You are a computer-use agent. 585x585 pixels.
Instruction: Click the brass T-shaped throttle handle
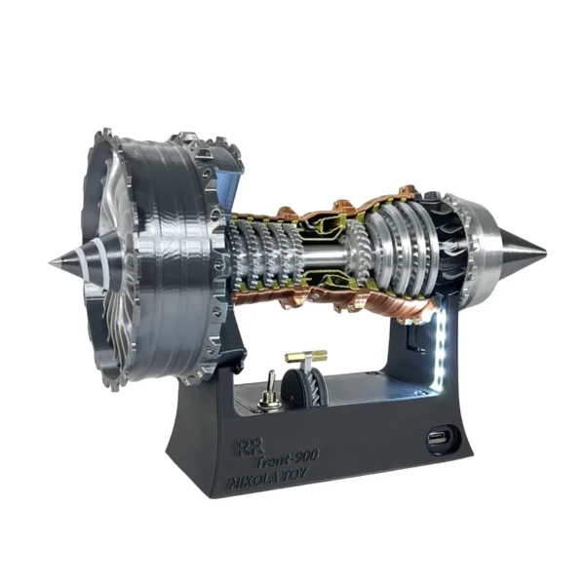(305, 358)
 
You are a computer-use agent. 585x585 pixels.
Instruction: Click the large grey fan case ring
(171, 253)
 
